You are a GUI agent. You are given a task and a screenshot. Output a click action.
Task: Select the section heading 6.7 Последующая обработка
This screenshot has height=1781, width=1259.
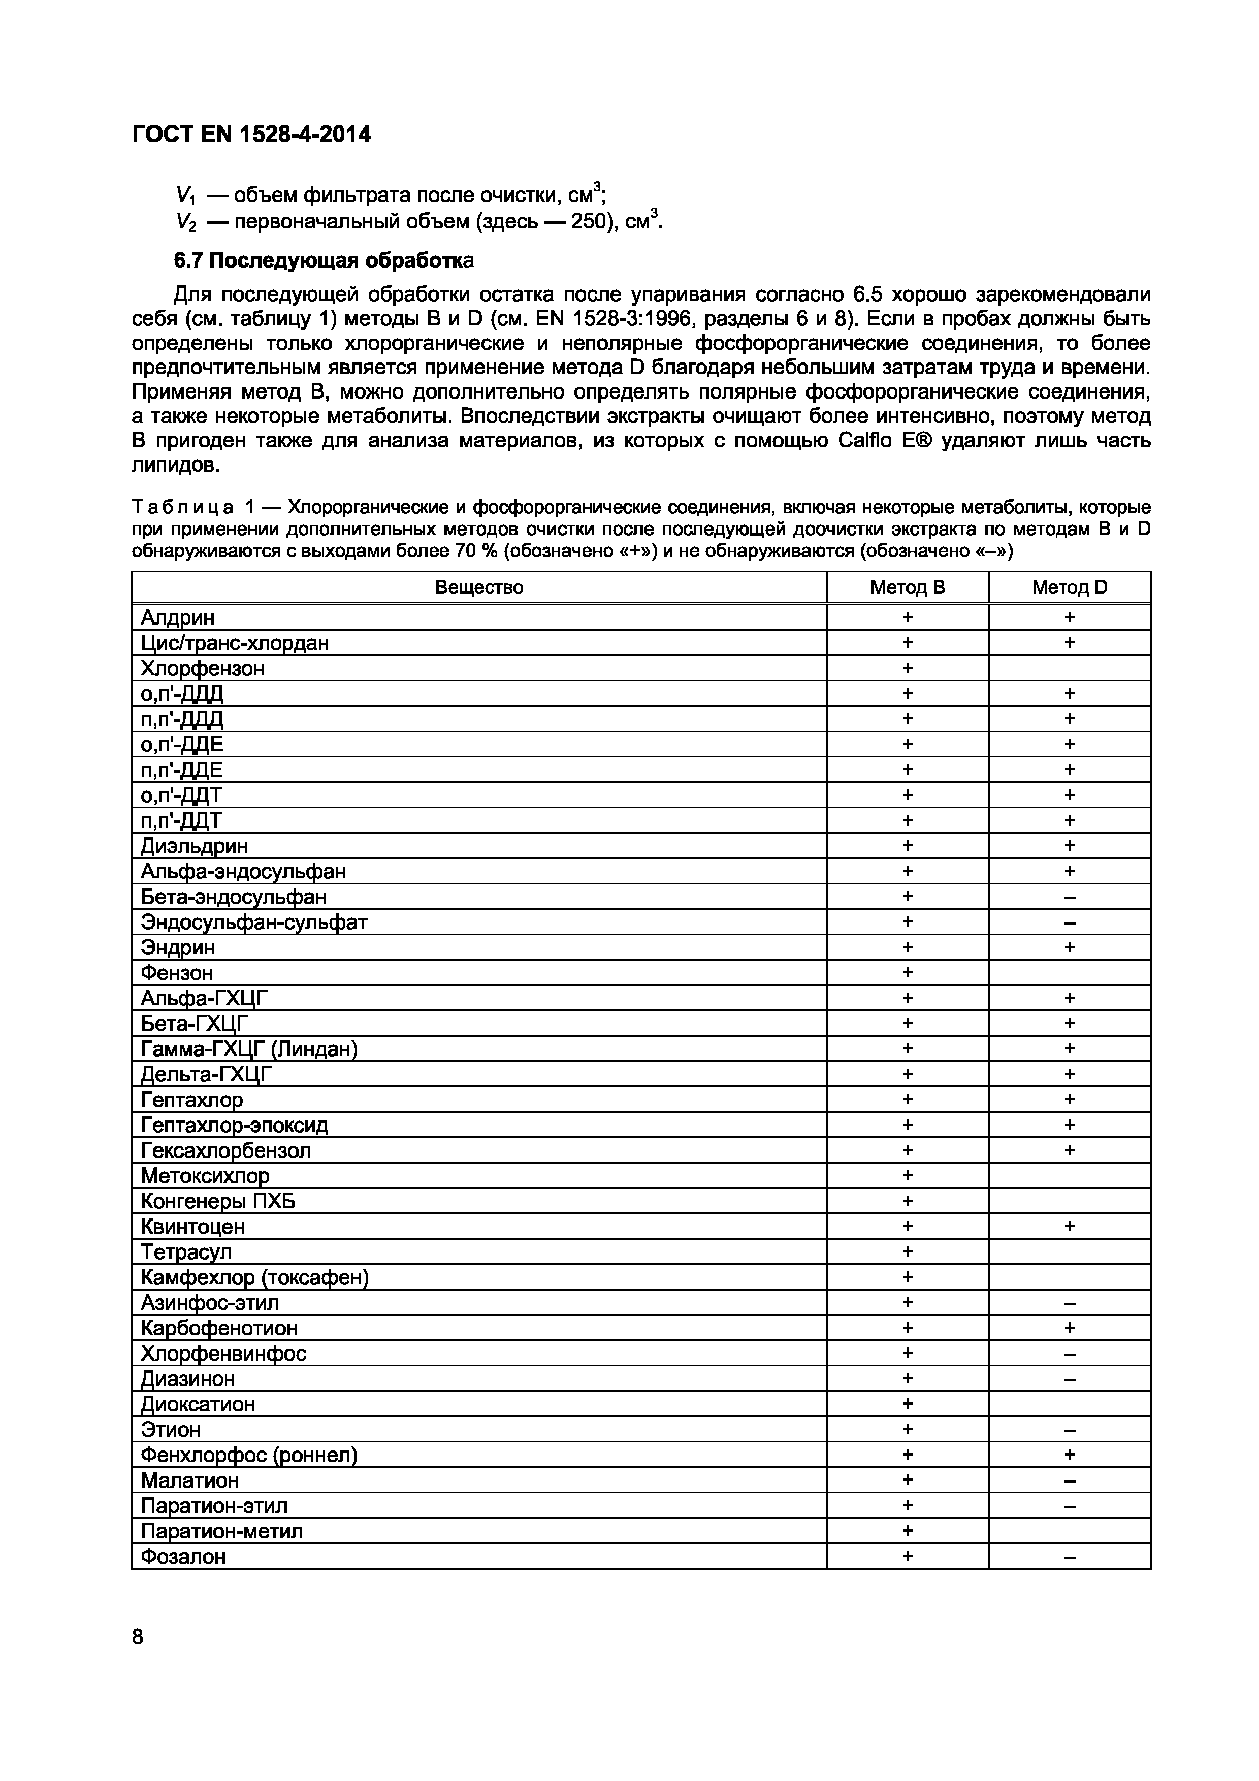coord(324,260)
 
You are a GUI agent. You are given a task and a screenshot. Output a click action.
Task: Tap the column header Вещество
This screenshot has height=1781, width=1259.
coord(478,588)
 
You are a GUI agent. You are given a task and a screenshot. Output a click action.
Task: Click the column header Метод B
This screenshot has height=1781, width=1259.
coord(907,588)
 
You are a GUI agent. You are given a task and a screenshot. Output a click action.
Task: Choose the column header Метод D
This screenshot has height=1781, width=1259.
coord(1069,588)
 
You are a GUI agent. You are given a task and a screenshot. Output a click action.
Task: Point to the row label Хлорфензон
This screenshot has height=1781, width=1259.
coord(203,669)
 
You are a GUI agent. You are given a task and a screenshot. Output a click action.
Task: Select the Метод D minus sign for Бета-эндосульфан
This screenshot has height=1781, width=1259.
coord(1069,898)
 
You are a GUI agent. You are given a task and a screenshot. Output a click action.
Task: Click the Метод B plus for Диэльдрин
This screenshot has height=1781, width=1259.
coord(908,845)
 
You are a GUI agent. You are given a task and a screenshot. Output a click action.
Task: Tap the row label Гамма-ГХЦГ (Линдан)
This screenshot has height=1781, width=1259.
coord(249,1049)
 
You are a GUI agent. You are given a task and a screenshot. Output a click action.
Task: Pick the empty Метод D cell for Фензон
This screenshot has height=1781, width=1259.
coord(1069,973)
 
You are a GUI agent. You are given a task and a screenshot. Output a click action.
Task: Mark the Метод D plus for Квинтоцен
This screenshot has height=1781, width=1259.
coord(1069,1227)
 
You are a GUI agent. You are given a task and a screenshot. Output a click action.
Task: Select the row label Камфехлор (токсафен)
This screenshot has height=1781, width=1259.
coord(254,1277)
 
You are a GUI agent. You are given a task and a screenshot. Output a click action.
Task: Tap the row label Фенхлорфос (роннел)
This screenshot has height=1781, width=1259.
coord(249,1455)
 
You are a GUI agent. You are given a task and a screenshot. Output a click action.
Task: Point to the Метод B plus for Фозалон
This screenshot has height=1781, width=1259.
coord(908,1557)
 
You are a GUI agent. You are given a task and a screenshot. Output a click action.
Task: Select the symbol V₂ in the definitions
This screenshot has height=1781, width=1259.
coord(186,222)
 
